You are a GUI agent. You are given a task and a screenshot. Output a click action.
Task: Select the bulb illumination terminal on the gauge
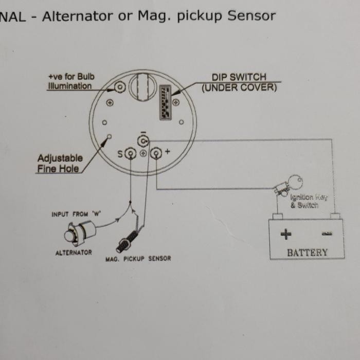tap(120, 87)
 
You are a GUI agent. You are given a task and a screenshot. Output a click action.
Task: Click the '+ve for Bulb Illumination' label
tap(70, 82)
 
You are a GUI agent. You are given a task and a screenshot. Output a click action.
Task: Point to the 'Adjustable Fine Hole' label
tap(59, 163)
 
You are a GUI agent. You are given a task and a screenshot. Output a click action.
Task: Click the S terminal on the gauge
tap(130, 153)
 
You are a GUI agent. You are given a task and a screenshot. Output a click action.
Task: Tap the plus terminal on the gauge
tap(156, 153)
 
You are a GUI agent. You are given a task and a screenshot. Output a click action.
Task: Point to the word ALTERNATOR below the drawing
tap(74, 253)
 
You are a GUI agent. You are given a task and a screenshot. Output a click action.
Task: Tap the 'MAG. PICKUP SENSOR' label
tap(138, 259)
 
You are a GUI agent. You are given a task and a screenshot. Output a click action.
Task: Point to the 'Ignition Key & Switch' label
tap(308, 201)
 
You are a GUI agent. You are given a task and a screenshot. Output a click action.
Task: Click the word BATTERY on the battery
tap(307, 253)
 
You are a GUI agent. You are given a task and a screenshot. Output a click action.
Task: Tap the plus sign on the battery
tap(285, 235)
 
